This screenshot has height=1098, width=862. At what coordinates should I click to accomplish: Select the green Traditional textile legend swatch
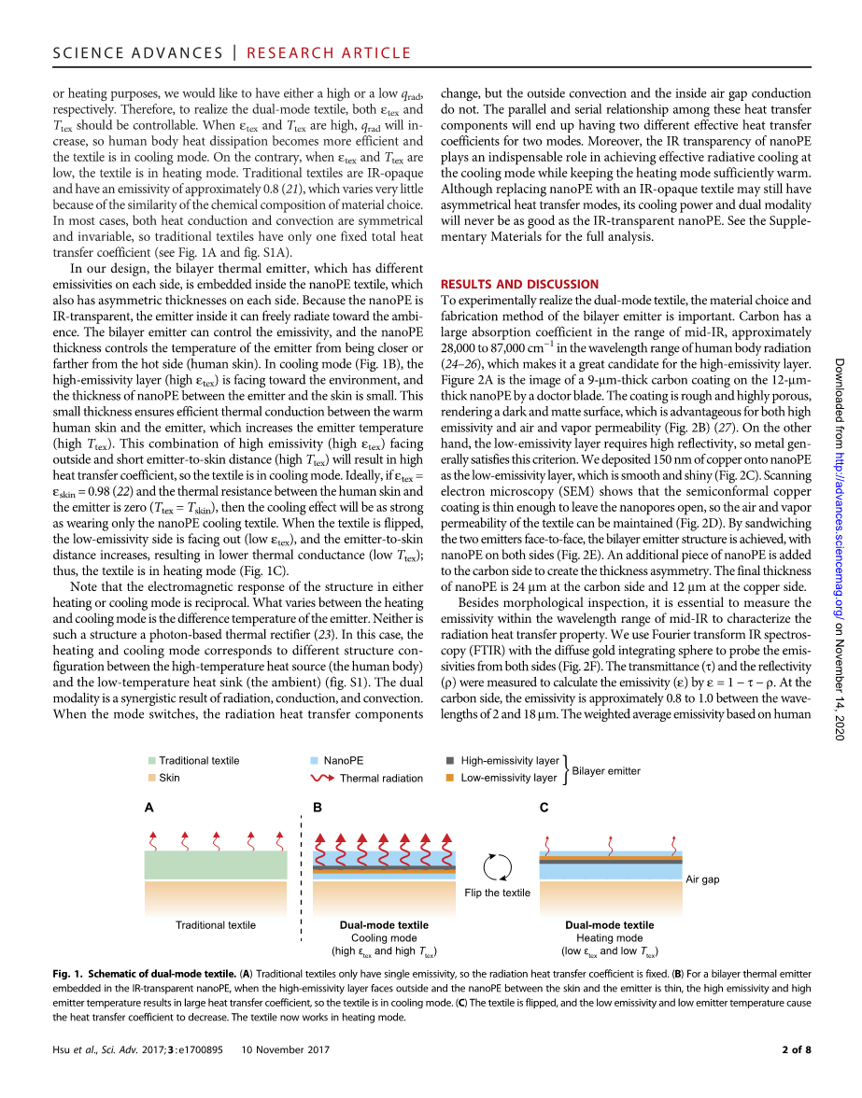[152, 761]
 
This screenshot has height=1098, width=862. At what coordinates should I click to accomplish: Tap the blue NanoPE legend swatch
[315, 761]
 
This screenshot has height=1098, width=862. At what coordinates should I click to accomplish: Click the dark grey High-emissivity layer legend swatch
[450, 761]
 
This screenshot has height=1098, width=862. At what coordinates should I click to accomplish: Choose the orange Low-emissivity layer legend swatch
[450, 777]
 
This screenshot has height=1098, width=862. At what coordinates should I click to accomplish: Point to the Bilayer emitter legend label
[606, 771]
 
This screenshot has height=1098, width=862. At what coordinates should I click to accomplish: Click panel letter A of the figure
[149, 808]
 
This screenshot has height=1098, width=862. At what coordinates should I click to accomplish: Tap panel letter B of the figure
[317, 808]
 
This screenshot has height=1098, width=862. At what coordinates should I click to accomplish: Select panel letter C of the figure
[544, 808]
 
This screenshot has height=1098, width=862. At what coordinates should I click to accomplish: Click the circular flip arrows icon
[497, 866]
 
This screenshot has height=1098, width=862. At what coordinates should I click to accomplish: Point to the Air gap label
[702, 880]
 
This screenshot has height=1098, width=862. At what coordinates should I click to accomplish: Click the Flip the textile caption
[497, 893]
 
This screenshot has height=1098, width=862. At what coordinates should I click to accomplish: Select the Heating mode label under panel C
[609, 938]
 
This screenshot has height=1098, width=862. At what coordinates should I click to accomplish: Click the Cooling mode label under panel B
[384, 938]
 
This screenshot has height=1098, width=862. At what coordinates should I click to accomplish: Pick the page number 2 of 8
[796, 1049]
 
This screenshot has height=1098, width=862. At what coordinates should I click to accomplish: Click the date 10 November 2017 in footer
[287, 1049]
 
